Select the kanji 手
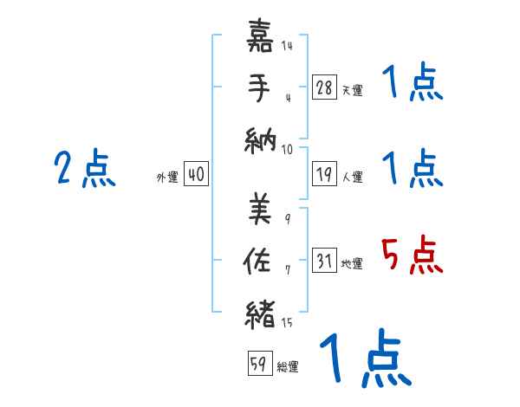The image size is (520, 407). (261, 88)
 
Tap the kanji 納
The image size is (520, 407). (261, 139)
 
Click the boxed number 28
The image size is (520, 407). (324, 87)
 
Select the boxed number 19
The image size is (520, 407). (324, 174)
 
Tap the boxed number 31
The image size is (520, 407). (324, 261)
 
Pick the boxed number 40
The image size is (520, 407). (196, 175)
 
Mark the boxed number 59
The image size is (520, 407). (259, 365)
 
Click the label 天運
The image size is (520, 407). (352, 90)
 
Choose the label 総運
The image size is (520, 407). (288, 367)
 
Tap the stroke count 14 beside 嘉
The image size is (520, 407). (287, 46)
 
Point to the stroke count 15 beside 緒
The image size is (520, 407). (287, 324)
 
